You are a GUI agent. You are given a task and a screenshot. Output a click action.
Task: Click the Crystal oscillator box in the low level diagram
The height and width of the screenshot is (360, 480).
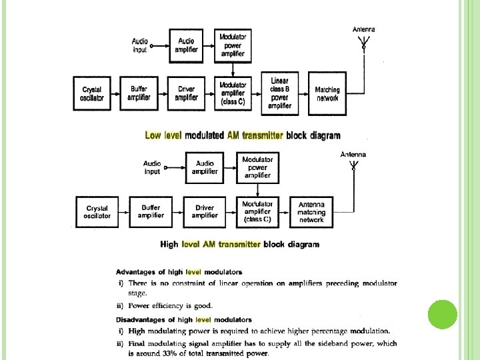tap(92, 93)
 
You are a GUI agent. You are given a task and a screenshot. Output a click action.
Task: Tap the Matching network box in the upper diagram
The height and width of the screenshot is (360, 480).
tap(327, 93)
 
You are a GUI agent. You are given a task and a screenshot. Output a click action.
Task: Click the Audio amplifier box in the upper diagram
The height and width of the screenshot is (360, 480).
tap(187, 45)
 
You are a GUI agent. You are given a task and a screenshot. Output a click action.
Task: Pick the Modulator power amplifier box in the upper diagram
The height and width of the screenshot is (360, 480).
tap(233, 45)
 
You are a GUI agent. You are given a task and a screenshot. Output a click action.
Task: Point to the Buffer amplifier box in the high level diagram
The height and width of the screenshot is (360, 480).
tap(151, 211)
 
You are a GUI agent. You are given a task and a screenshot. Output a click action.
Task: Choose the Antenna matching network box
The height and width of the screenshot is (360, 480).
tap(311, 211)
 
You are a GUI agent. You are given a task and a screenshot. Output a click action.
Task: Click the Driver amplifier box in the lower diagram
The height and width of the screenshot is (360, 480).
tap(205, 211)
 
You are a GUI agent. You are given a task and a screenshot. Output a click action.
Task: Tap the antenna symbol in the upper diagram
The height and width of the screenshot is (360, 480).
tap(363, 44)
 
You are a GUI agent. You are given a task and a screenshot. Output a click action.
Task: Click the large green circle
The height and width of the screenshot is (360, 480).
tap(442, 314)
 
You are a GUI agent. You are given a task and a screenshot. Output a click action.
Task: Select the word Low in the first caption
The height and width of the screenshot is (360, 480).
tap(153, 135)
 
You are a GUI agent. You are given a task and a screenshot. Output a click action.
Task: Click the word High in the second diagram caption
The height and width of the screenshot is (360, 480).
tap(169, 245)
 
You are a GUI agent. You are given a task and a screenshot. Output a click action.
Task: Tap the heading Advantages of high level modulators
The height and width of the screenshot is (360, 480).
tap(179, 272)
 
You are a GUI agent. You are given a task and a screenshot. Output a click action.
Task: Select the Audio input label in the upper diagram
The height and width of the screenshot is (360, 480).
tap(140, 45)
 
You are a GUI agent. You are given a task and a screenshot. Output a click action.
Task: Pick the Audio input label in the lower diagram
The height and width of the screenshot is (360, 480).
tap(153, 167)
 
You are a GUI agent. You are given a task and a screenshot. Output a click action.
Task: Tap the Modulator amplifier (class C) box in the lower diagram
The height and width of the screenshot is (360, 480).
tap(258, 211)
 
